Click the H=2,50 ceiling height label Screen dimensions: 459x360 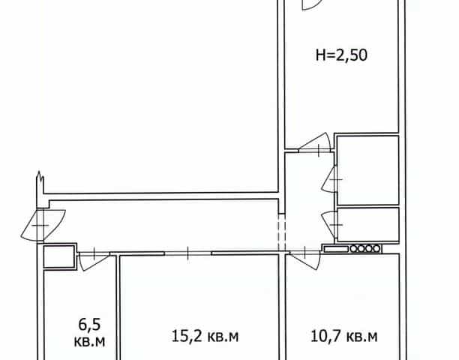point(341,55)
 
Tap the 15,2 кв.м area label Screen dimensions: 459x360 point(205,336)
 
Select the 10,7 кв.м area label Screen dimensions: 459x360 point(344,336)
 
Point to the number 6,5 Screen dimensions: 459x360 point(89,325)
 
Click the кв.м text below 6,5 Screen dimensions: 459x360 point(89,341)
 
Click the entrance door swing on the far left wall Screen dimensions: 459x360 point(43,225)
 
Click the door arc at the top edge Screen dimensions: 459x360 point(312,4)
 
